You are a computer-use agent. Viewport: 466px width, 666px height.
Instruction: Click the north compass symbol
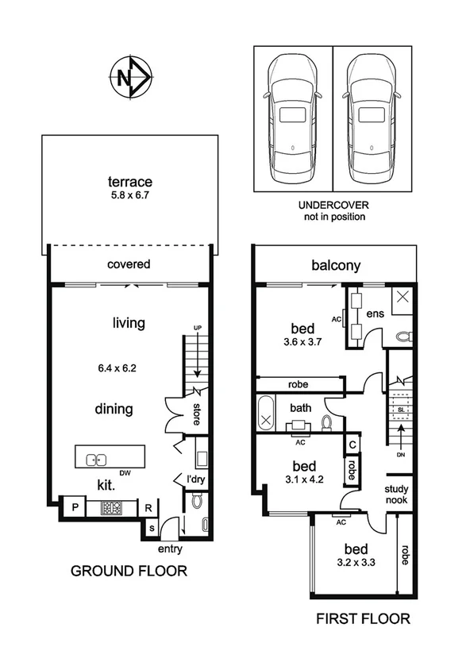pyautogui.click(x=129, y=78)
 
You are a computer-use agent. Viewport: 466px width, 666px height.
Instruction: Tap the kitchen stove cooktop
pyautogui.click(x=110, y=509)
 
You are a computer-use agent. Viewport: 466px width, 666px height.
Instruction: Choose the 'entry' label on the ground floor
pyautogui.click(x=170, y=549)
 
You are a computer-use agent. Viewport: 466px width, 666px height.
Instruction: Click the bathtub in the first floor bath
pyautogui.click(x=265, y=414)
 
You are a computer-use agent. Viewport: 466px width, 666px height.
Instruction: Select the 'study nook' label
pyautogui.click(x=397, y=494)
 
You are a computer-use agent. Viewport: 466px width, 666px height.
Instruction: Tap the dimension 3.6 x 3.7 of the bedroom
pyautogui.click(x=302, y=343)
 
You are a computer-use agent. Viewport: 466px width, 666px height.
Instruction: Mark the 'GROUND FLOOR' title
pyautogui.click(x=129, y=571)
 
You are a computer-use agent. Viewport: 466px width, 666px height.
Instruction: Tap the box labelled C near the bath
pyautogui.click(x=351, y=445)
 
